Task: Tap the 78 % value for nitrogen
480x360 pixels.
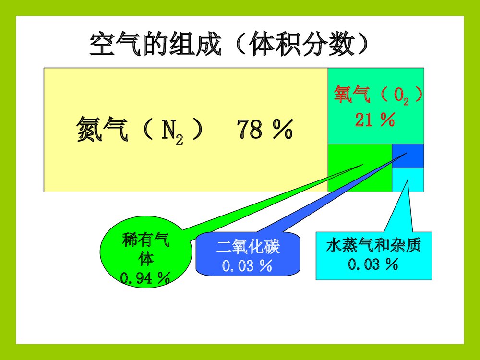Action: (264, 129)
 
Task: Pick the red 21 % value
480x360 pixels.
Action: (375, 120)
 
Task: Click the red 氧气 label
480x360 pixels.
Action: (353, 95)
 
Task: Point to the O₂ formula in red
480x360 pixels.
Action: (401, 96)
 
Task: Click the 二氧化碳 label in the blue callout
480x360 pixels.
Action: (248, 247)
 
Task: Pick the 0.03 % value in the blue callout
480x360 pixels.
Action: (248, 265)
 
